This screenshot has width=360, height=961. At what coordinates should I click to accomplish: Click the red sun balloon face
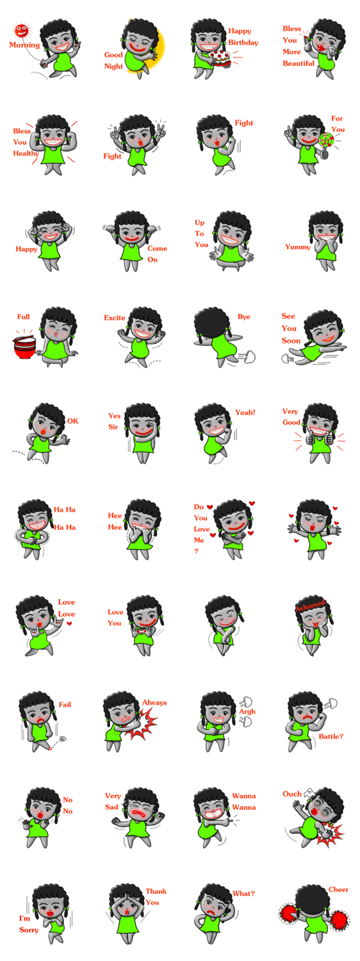tap(21, 31)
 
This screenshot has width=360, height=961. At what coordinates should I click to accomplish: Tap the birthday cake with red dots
tap(220, 58)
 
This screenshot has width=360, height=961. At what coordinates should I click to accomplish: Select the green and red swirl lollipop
tap(326, 140)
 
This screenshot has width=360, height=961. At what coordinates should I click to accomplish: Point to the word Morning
tap(24, 45)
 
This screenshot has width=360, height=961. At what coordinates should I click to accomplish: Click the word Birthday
tap(243, 42)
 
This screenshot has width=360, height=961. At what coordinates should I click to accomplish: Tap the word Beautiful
tap(299, 63)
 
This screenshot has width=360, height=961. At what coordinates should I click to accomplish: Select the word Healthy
tap(26, 154)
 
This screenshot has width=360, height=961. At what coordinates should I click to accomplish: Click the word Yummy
tap(298, 247)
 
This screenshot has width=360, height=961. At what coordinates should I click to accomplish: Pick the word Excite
tap(115, 318)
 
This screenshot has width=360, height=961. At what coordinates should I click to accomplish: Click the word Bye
tap(243, 317)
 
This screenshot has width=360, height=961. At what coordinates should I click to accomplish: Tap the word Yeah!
tap(245, 413)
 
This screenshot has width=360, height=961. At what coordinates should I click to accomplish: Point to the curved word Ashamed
tap(310, 605)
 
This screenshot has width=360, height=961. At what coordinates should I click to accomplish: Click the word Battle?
tap(331, 737)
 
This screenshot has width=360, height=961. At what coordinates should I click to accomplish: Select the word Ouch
tap(291, 794)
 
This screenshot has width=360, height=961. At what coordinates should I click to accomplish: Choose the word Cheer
tap(339, 890)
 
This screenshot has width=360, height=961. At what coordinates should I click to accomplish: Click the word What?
tap(243, 894)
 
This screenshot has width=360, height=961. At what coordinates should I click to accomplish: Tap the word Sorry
tap(29, 930)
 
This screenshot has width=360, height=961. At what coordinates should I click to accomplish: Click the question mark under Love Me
tap(197, 551)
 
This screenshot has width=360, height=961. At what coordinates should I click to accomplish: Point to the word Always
tap(154, 703)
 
